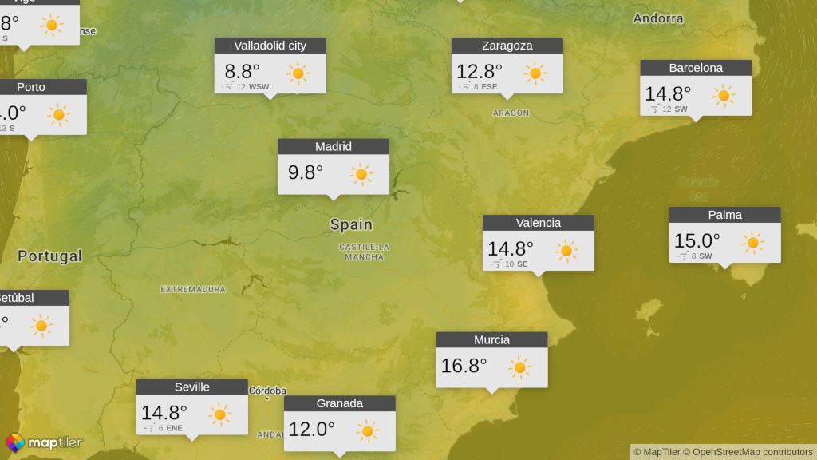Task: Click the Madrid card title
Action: click(x=334, y=146)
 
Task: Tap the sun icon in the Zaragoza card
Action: click(x=535, y=74)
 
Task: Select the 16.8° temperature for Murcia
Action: click(x=464, y=366)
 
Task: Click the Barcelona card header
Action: click(x=696, y=68)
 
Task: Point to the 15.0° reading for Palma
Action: click(x=697, y=240)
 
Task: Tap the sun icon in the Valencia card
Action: click(x=566, y=251)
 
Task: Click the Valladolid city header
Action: click(x=270, y=46)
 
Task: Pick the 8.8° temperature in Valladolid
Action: click(x=242, y=71)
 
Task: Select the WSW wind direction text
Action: click(x=259, y=86)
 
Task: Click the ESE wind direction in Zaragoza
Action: click(x=489, y=86)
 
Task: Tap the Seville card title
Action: click(x=192, y=387)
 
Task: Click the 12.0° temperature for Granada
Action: click(x=311, y=430)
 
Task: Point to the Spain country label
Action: click(x=351, y=225)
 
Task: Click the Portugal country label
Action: click(x=49, y=256)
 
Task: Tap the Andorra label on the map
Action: click(x=658, y=18)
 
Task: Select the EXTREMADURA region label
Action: click(x=193, y=289)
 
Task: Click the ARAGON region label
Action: click(x=511, y=113)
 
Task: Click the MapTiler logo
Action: click(x=44, y=442)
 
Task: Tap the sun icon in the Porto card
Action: click(x=58, y=115)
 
